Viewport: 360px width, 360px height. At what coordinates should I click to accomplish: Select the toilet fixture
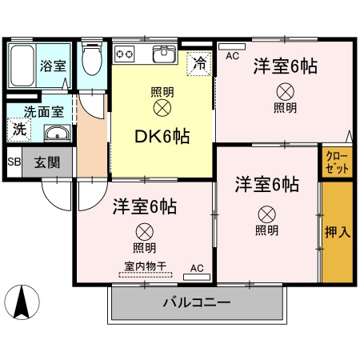(x=92, y=59)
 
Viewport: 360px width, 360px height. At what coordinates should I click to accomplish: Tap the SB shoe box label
(x=14, y=162)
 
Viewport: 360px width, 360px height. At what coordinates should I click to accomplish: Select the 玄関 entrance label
(x=46, y=162)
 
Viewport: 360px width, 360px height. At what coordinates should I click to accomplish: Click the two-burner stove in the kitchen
(x=126, y=54)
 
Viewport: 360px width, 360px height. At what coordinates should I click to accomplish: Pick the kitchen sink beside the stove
(x=164, y=54)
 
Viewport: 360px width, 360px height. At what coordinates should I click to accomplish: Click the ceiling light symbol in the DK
(x=162, y=106)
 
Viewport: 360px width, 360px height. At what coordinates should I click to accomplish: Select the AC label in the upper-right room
(x=232, y=56)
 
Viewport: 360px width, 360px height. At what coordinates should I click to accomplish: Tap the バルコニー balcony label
(x=197, y=303)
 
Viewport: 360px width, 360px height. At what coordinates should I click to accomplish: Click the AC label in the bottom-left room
(x=197, y=269)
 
